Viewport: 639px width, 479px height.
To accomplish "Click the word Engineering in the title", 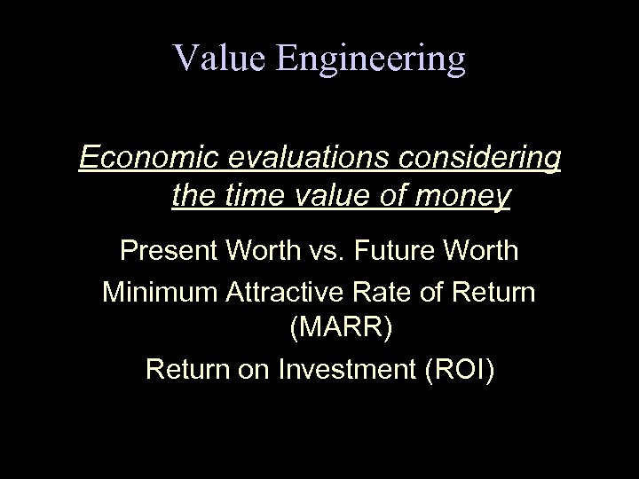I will click(x=371, y=59).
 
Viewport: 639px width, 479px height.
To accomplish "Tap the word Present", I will click(x=170, y=251).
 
